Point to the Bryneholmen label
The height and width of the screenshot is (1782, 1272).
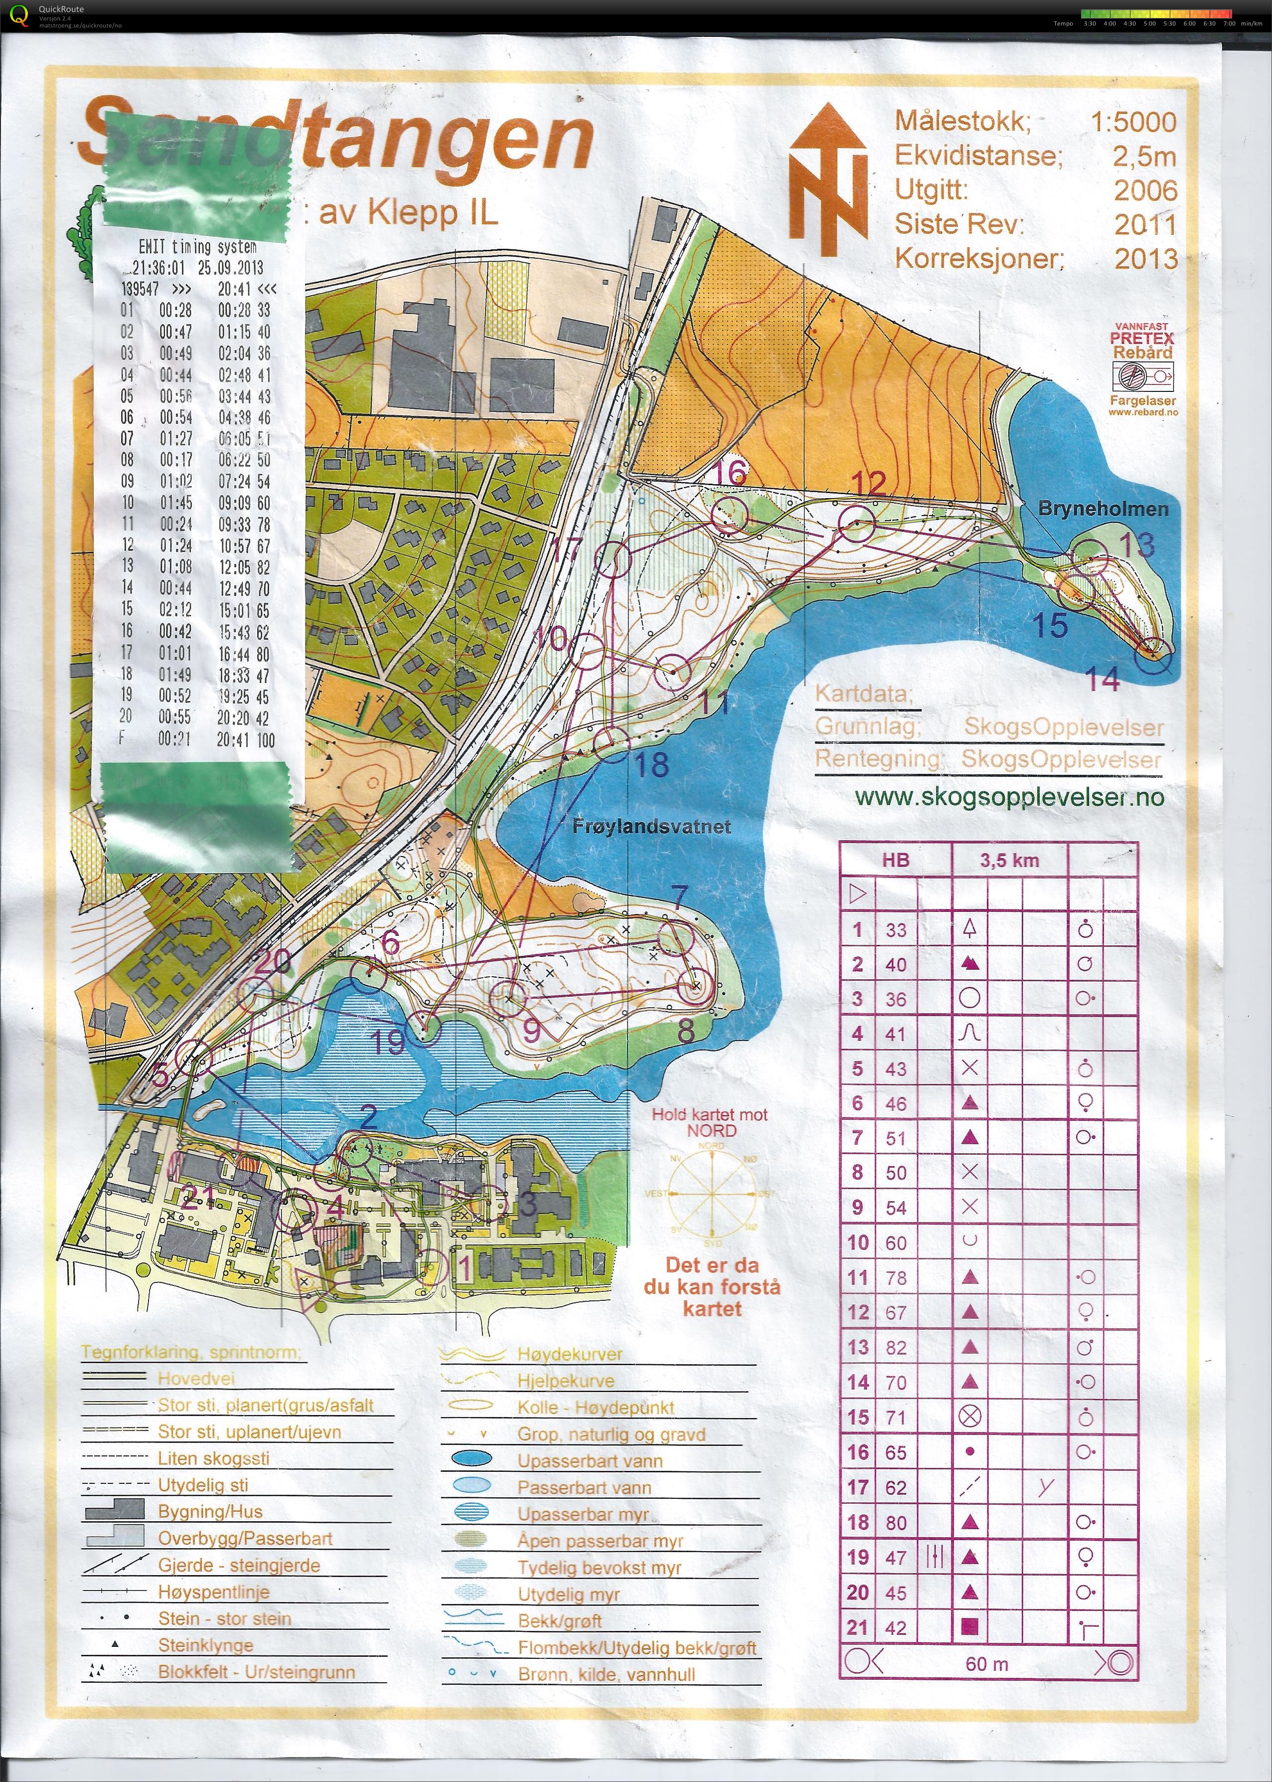pyautogui.click(x=1103, y=509)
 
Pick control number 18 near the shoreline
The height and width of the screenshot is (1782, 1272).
pyautogui.click(x=651, y=764)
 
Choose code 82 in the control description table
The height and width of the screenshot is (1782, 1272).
pyautogui.click(x=896, y=1347)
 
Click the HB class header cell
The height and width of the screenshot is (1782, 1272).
pyautogui.click(x=895, y=860)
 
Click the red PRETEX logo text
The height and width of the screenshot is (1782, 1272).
pyautogui.click(x=1141, y=339)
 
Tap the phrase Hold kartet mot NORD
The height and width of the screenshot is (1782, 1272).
pyautogui.click(x=710, y=1122)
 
